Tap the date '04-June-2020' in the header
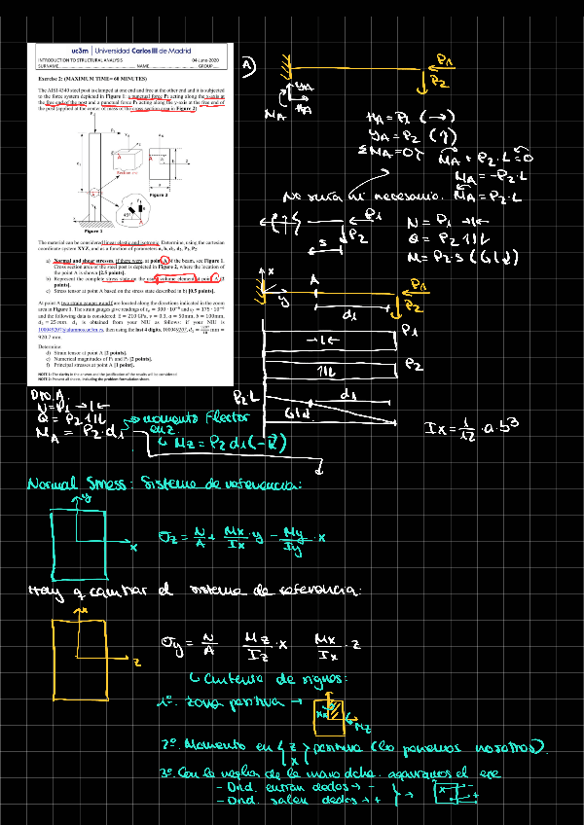[x=211, y=57]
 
